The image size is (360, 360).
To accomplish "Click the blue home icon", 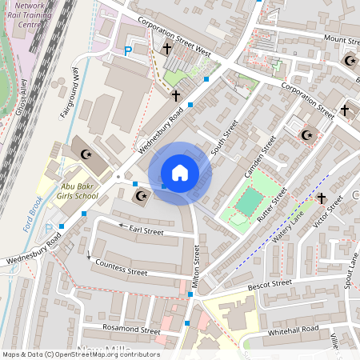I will click(180, 173).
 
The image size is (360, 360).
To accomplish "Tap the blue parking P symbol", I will click(127, 51).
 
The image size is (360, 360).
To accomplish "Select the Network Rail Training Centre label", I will click(30, 14).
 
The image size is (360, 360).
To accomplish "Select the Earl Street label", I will click(146, 231).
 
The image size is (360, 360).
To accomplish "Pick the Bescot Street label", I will click(269, 283).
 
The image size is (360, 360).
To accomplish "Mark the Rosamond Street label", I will click(128, 329).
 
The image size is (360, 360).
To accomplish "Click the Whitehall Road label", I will click(294, 330).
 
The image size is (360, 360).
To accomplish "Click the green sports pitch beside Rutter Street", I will click(249, 200).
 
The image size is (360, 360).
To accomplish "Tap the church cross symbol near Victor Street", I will click(322, 198).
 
